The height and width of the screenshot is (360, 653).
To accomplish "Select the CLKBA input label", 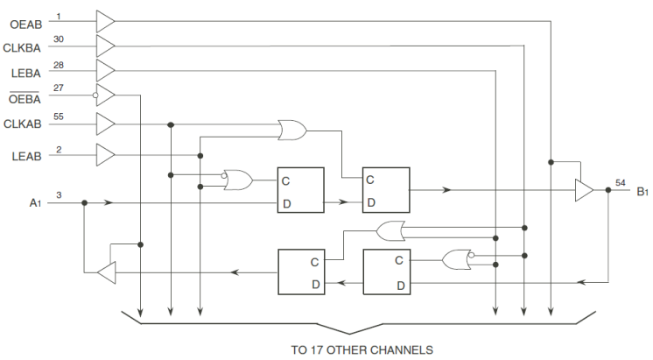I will (x=22, y=49).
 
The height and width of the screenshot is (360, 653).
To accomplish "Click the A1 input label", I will (x=35, y=203).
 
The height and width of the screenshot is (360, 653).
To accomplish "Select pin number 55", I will (x=59, y=116).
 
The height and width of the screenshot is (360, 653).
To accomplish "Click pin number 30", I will (x=58, y=39).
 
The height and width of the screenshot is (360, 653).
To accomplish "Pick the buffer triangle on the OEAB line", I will (x=105, y=19).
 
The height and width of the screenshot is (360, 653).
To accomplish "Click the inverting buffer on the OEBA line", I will (x=105, y=95).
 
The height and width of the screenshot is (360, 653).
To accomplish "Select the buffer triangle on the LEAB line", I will (x=105, y=155).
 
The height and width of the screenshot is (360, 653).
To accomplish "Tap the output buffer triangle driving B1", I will (x=583, y=189).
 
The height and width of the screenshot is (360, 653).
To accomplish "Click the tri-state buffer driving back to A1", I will (x=105, y=273).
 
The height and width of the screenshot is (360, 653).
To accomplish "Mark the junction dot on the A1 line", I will (x=84, y=202).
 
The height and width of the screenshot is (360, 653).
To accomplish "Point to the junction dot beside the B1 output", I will (x=607, y=189).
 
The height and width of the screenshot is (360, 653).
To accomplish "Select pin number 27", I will (x=58, y=88).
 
